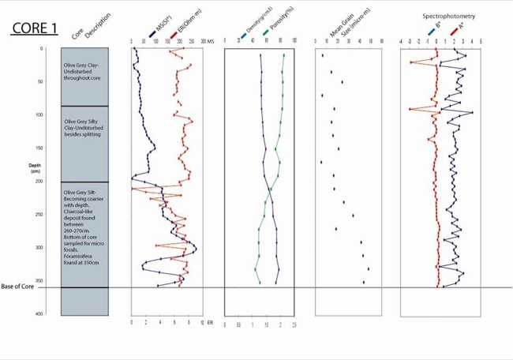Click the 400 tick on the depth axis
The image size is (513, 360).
[40, 314]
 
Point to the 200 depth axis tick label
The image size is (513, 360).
[40, 182]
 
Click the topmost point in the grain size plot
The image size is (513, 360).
[323, 55]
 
